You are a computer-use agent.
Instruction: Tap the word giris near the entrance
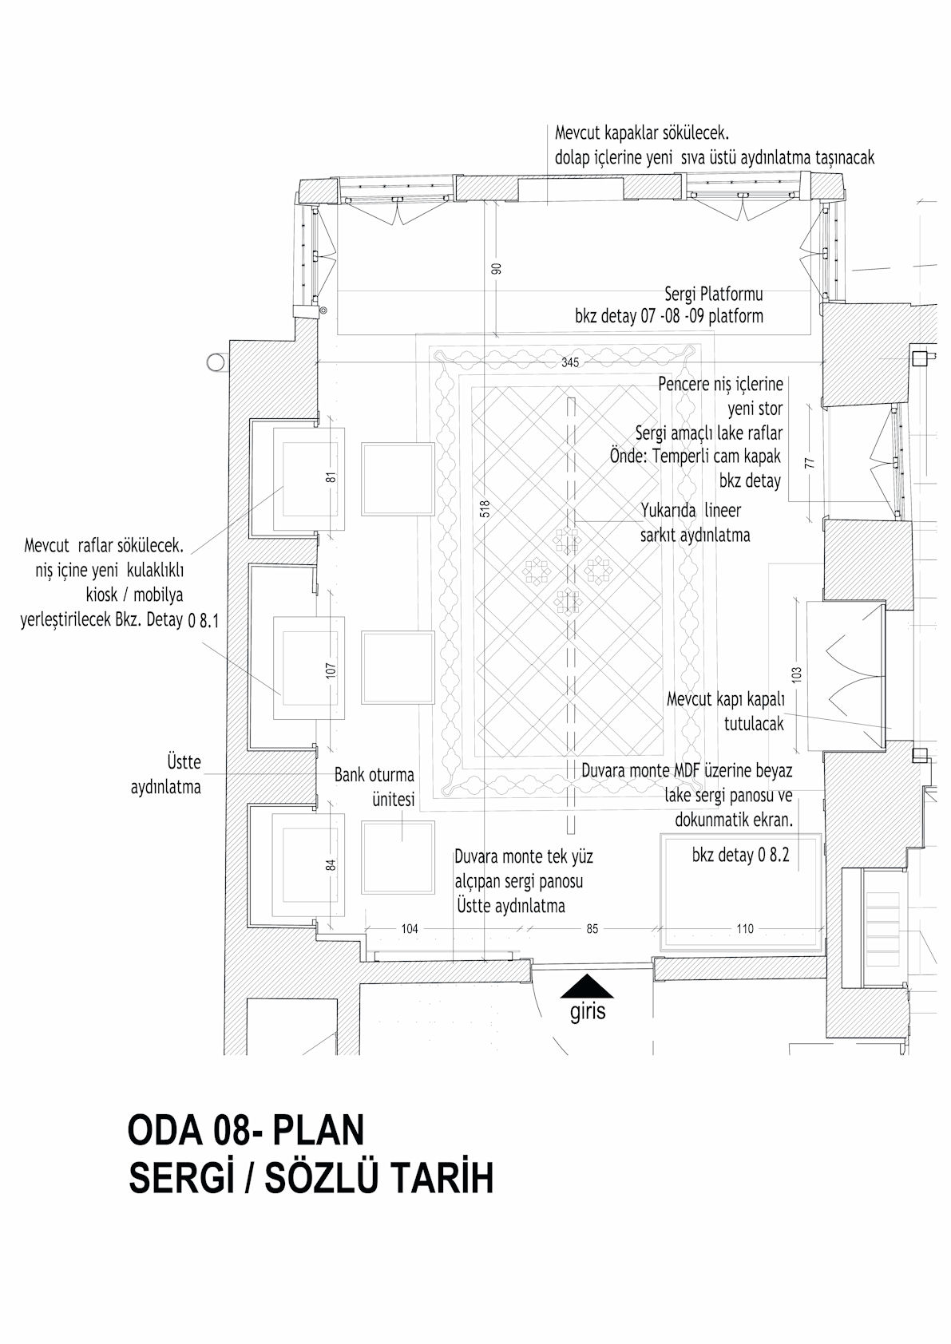pos(588,1013)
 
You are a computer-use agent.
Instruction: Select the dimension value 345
pos(570,362)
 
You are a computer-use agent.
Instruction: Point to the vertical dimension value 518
pos(485,509)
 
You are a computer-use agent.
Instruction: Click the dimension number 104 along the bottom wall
pos(410,929)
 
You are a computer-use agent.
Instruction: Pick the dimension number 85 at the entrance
pos(592,929)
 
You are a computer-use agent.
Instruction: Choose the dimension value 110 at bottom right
pos(745,929)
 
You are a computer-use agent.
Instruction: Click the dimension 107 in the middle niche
pos(331,670)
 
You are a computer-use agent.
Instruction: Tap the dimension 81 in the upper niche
pos(331,477)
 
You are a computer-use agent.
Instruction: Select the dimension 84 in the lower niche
pos(331,865)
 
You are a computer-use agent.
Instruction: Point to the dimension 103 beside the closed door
pos(798,674)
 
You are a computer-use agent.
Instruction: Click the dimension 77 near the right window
pos(810,463)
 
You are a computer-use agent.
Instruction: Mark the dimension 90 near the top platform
pos(497,268)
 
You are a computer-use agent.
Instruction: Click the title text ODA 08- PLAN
pos(246,1130)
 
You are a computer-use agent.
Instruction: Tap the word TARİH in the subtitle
pos(443,1179)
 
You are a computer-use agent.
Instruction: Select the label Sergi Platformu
pos(714,294)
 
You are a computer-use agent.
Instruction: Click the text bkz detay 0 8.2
pos(740,856)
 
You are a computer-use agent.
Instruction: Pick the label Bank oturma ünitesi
pos(374,787)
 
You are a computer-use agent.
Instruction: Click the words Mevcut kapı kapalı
pos(726,700)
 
